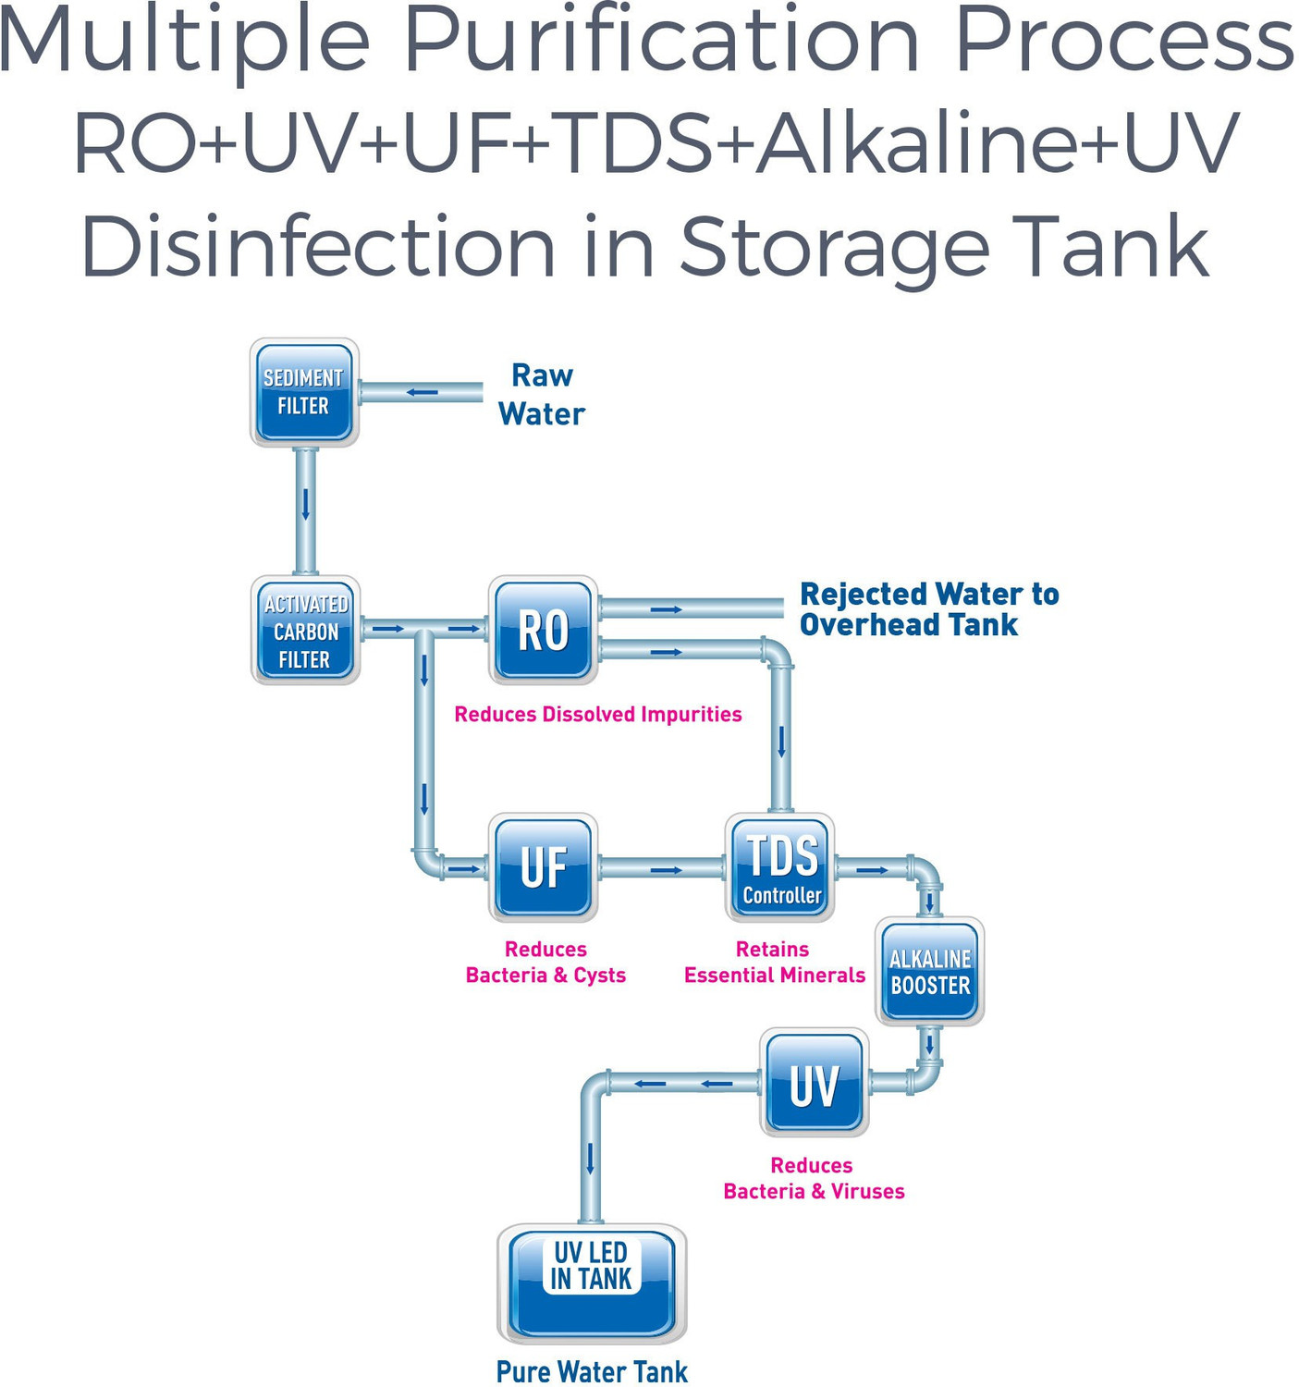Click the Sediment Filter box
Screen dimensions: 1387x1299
304,392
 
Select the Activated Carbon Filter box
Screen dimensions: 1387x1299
305,631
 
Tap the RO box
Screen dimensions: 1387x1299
543,631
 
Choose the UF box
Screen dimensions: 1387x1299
543,867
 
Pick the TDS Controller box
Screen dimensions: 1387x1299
780,867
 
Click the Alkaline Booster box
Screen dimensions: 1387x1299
929,972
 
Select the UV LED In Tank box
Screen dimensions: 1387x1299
592,1283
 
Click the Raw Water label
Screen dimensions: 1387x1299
542,395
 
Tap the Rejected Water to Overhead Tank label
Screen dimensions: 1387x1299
928,609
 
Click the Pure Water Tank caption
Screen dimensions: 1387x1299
592,1371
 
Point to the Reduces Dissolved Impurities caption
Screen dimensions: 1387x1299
597,715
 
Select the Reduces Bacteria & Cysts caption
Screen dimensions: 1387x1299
545,963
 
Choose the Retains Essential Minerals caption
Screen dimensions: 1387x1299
774,963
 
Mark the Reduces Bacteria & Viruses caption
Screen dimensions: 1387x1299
814,1179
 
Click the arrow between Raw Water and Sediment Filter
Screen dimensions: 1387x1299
423,392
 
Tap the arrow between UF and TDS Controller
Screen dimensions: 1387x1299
666,870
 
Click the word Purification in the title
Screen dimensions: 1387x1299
661,42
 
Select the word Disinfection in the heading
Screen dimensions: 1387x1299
318,247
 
